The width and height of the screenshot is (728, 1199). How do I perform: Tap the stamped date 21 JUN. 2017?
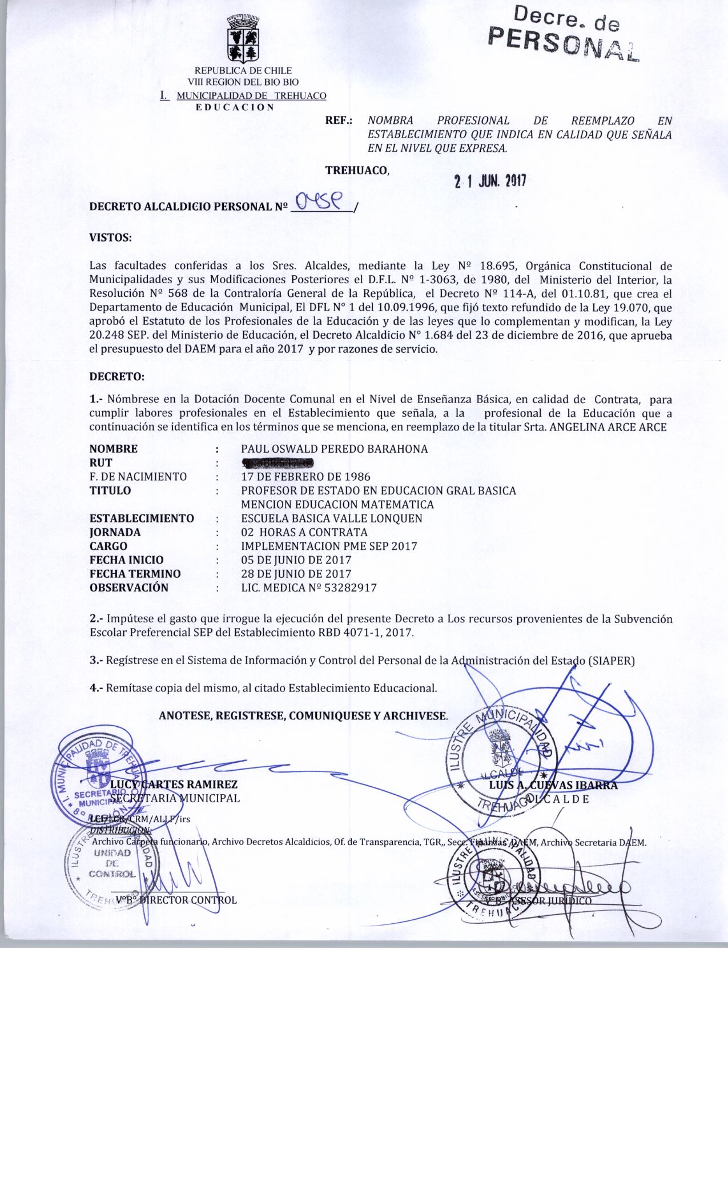tap(489, 182)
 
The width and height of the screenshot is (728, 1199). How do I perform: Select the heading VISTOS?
tap(111, 238)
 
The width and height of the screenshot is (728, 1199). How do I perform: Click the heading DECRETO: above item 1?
tap(117, 377)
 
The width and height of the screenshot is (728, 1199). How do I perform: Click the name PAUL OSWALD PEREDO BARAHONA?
tap(334, 449)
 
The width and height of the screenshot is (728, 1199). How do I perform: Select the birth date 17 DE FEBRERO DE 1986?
tap(305, 476)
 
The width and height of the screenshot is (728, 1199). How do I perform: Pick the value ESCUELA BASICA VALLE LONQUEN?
tap(332, 518)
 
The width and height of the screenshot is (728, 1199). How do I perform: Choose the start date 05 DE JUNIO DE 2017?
tap(296, 560)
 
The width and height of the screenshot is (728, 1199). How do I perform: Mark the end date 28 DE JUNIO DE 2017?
tap(296, 574)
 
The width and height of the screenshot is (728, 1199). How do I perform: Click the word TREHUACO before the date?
tap(356, 170)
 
